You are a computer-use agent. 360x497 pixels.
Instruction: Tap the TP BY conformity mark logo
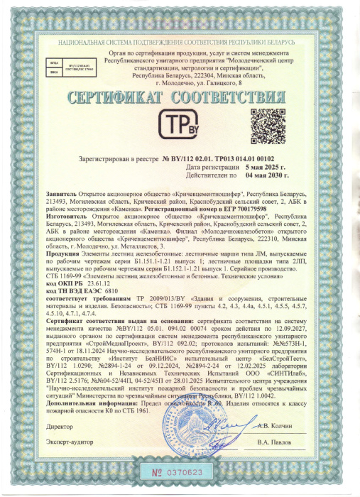click(x=180, y=126)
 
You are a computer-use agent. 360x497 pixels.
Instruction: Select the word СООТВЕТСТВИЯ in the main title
click(x=234, y=96)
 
